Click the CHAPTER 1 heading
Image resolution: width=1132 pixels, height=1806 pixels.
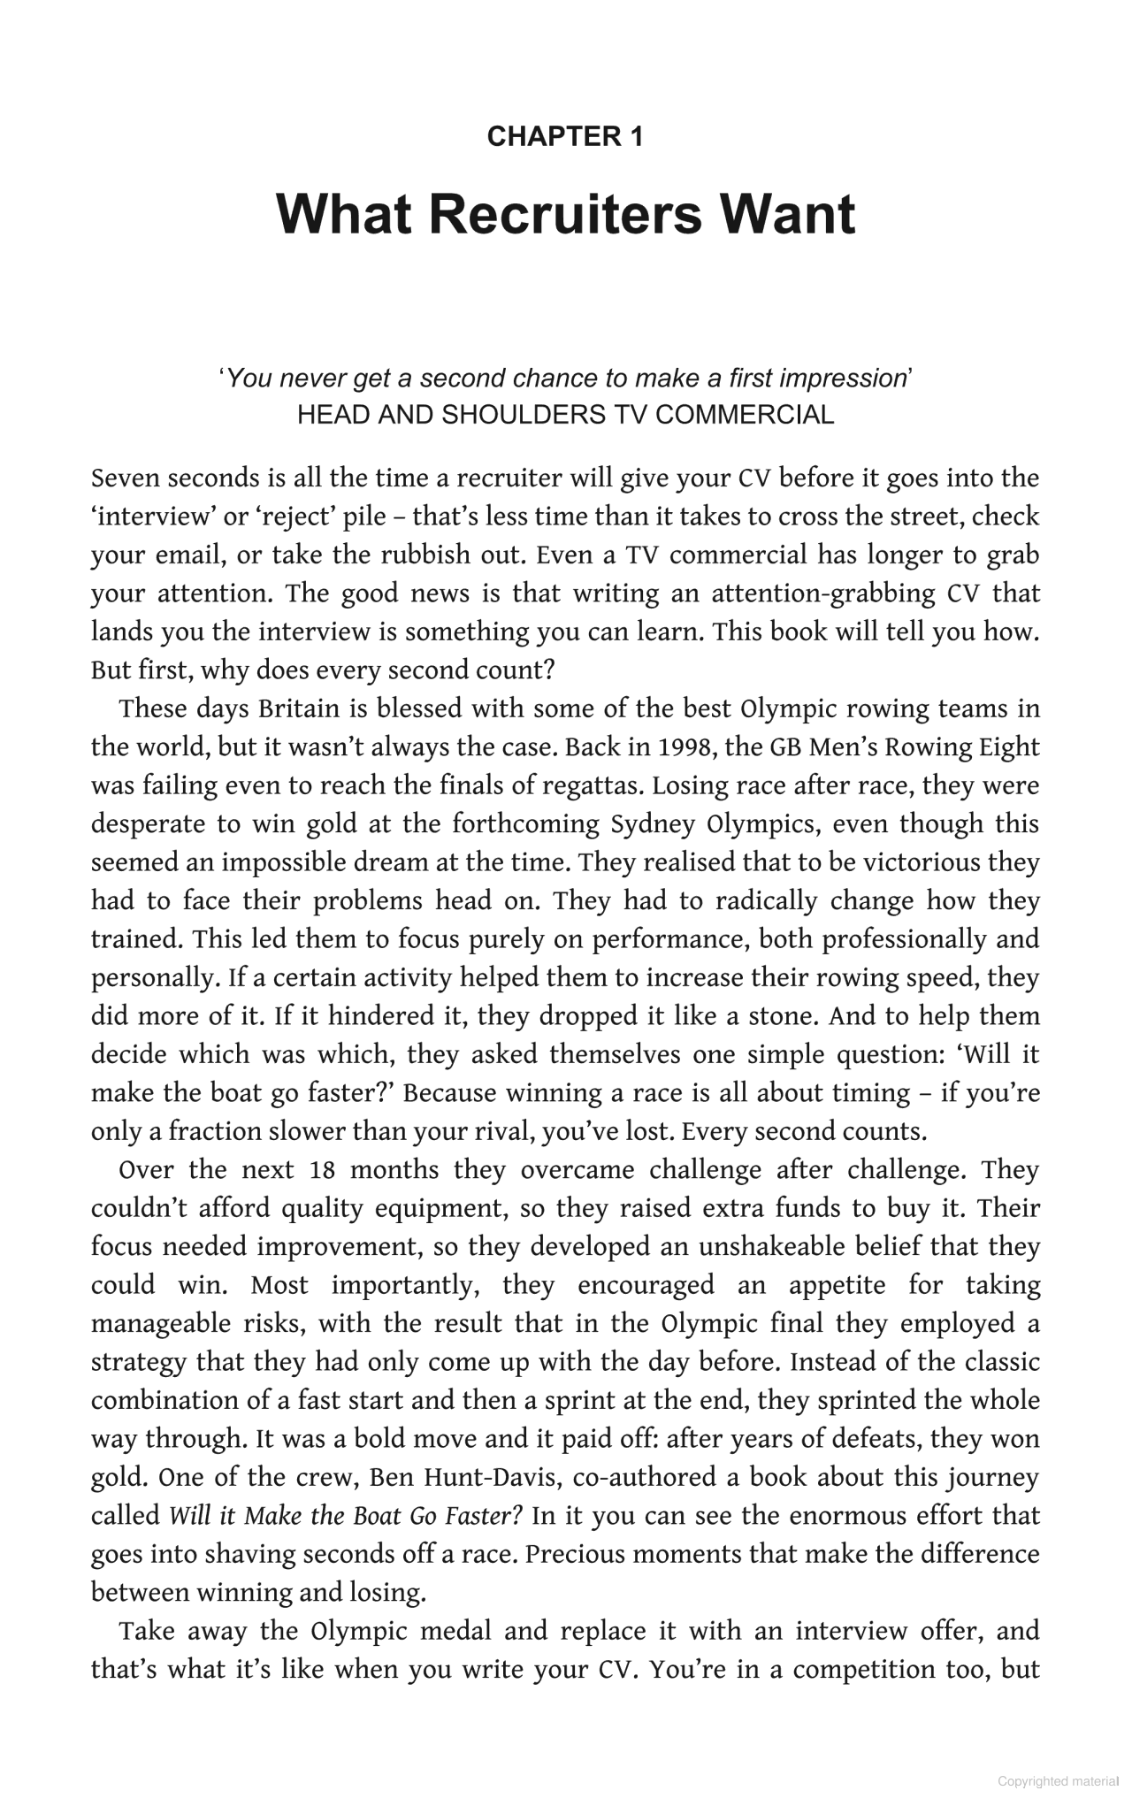pos(565,136)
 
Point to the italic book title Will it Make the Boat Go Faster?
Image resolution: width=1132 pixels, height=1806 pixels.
pos(346,1516)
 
